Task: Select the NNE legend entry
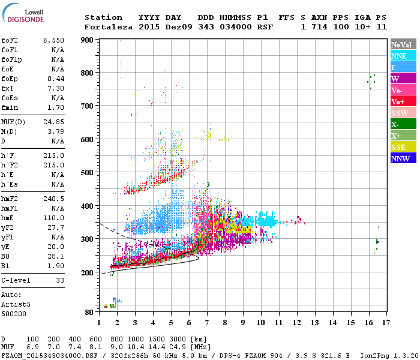pyautogui.click(x=403, y=56)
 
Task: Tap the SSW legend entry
pyautogui.click(x=403, y=113)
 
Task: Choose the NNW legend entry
pyautogui.click(x=403, y=158)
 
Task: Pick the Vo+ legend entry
pyautogui.click(x=403, y=101)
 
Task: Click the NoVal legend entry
pyautogui.click(x=403, y=44)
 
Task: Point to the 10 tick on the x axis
pyautogui.click(x=261, y=322)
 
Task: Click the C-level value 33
pyautogui.click(x=59, y=280)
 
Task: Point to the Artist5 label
pyautogui.click(x=16, y=304)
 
